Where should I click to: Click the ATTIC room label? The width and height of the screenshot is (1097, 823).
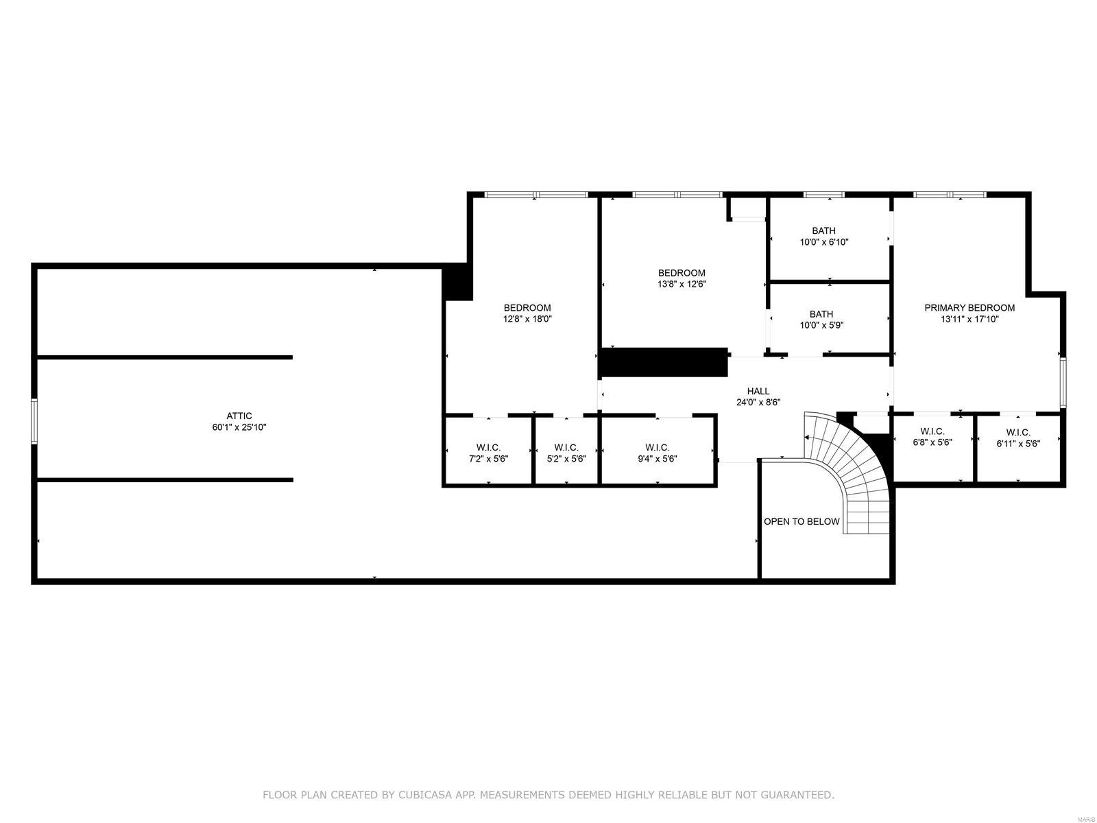coord(239,416)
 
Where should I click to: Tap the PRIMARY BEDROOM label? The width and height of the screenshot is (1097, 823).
coord(969,308)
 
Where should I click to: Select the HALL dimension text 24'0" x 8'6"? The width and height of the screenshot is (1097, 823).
coord(758,403)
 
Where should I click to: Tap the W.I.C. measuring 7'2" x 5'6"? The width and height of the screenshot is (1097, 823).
coord(488,453)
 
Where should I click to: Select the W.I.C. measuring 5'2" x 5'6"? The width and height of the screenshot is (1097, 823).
coord(566,453)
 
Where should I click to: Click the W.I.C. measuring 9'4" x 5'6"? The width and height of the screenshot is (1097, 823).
coord(657,453)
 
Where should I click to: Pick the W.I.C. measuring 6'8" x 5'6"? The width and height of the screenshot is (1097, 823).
coord(932,437)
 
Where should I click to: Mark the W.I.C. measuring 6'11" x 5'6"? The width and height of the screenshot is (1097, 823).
coord(1018,438)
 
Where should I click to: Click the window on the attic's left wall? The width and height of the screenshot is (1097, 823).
coord(34,421)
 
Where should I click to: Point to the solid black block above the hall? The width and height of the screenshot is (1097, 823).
coord(663,362)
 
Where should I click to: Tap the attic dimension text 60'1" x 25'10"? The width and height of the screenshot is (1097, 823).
coord(239,427)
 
